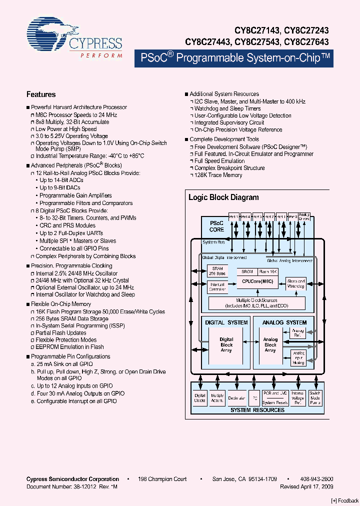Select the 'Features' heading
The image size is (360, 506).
pyautogui.click(x=41, y=94)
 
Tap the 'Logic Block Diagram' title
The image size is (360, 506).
pyautogui.click(x=223, y=197)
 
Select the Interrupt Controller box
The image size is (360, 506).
pyautogui.click(x=217, y=287)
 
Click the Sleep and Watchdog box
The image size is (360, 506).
pyautogui.click(x=296, y=283)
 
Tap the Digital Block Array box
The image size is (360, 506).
pyautogui.click(x=226, y=345)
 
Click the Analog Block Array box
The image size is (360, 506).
pyautogui.click(x=270, y=345)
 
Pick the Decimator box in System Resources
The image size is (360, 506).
pyautogui.click(x=236, y=398)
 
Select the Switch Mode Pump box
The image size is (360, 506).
pyautogui.click(x=315, y=398)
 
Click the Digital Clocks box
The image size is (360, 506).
pyautogui.click(x=199, y=398)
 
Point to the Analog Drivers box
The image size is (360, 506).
pyautogui.click(x=304, y=216)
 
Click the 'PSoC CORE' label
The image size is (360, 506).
pyautogui.click(x=216, y=226)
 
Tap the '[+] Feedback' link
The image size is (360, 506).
pyautogui.click(x=345, y=500)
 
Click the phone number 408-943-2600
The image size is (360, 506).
pyautogui.click(x=316, y=479)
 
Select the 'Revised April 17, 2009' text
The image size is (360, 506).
pyautogui.click(x=306, y=486)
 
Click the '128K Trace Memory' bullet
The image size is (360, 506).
pyautogui.click(x=218, y=175)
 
